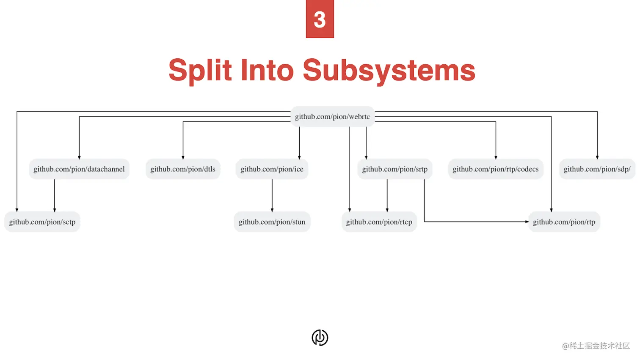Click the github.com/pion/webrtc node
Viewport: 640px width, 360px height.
pyautogui.click(x=332, y=117)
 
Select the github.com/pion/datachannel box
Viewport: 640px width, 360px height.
pyautogui.click(x=79, y=169)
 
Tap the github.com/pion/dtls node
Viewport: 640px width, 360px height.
pyautogui.click(x=183, y=169)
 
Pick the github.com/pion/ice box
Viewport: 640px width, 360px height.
pyautogui.click(x=272, y=169)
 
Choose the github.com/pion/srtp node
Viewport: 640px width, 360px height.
pyautogui.click(x=394, y=169)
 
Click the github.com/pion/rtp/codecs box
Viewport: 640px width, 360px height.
pyautogui.click(x=495, y=169)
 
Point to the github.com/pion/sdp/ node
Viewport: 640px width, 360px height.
pyautogui.click(x=597, y=169)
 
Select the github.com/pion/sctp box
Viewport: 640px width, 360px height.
pyautogui.click(x=42, y=222)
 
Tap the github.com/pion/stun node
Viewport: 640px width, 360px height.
pyautogui.click(x=272, y=222)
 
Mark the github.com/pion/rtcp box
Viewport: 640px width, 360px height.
pyautogui.click(x=379, y=222)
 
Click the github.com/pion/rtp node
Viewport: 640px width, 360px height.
pyautogui.click(x=564, y=222)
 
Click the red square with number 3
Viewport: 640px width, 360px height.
pyautogui.click(x=320, y=19)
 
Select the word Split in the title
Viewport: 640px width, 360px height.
pyautogui.click(x=200, y=70)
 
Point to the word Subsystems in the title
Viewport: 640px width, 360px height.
pyautogui.click(x=389, y=70)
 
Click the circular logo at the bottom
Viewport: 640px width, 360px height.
pyautogui.click(x=320, y=338)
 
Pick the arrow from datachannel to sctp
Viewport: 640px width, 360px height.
pyautogui.click(x=55, y=195)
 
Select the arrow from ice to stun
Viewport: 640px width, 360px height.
pyautogui.click(x=272, y=195)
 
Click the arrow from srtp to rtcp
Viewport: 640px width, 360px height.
pyautogui.click(x=387, y=195)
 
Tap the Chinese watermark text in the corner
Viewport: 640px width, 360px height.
pyautogui.click(x=596, y=346)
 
